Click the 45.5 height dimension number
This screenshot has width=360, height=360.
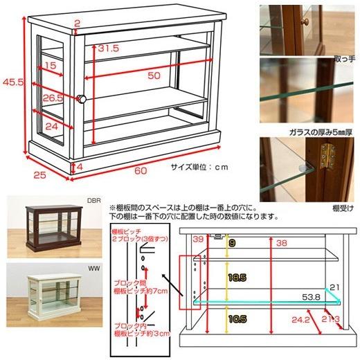click(10, 82)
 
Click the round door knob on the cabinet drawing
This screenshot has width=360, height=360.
click(81, 99)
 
